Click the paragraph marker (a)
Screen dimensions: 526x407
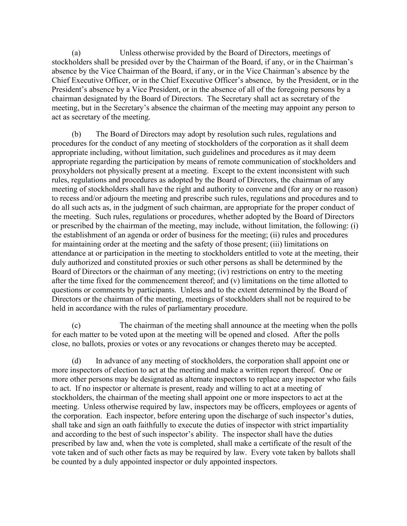(x=76, y=53)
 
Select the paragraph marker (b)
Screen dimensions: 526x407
(x=76, y=134)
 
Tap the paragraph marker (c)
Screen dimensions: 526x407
(x=76, y=326)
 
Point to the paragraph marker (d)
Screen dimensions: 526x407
(x=76, y=361)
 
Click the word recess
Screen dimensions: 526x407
(x=69, y=198)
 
